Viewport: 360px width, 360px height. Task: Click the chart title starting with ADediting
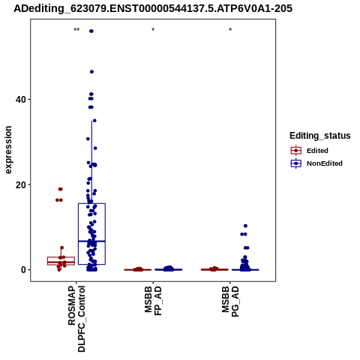click(153, 8)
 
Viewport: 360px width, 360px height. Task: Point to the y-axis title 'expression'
click(8, 150)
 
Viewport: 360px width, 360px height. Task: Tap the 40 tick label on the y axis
click(21, 100)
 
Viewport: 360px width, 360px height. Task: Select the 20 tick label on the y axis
click(21, 185)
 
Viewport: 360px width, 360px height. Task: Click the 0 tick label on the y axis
click(23, 270)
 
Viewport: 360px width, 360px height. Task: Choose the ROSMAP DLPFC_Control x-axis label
click(76, 319)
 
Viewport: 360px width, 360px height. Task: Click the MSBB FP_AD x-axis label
click(153, 301)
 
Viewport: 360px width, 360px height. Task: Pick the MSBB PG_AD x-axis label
click(230, 301)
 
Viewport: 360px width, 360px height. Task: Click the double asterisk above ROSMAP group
click(76, 30)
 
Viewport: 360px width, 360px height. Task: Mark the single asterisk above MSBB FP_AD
click(153, 30)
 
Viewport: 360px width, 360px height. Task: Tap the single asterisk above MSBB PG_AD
click(230, 30)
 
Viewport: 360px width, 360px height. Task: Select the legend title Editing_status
click(320, 136)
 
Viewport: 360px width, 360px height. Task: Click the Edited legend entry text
click(317, 151)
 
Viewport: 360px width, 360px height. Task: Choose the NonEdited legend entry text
click(325, 163)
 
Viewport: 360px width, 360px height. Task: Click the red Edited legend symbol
click(296, 151)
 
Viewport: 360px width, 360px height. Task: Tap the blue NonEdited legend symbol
click(296, 163)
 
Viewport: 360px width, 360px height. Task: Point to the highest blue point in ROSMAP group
click(91, 31)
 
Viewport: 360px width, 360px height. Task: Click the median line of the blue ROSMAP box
click(91, 241)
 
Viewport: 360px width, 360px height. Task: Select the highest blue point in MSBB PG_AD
click(245, 226)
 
